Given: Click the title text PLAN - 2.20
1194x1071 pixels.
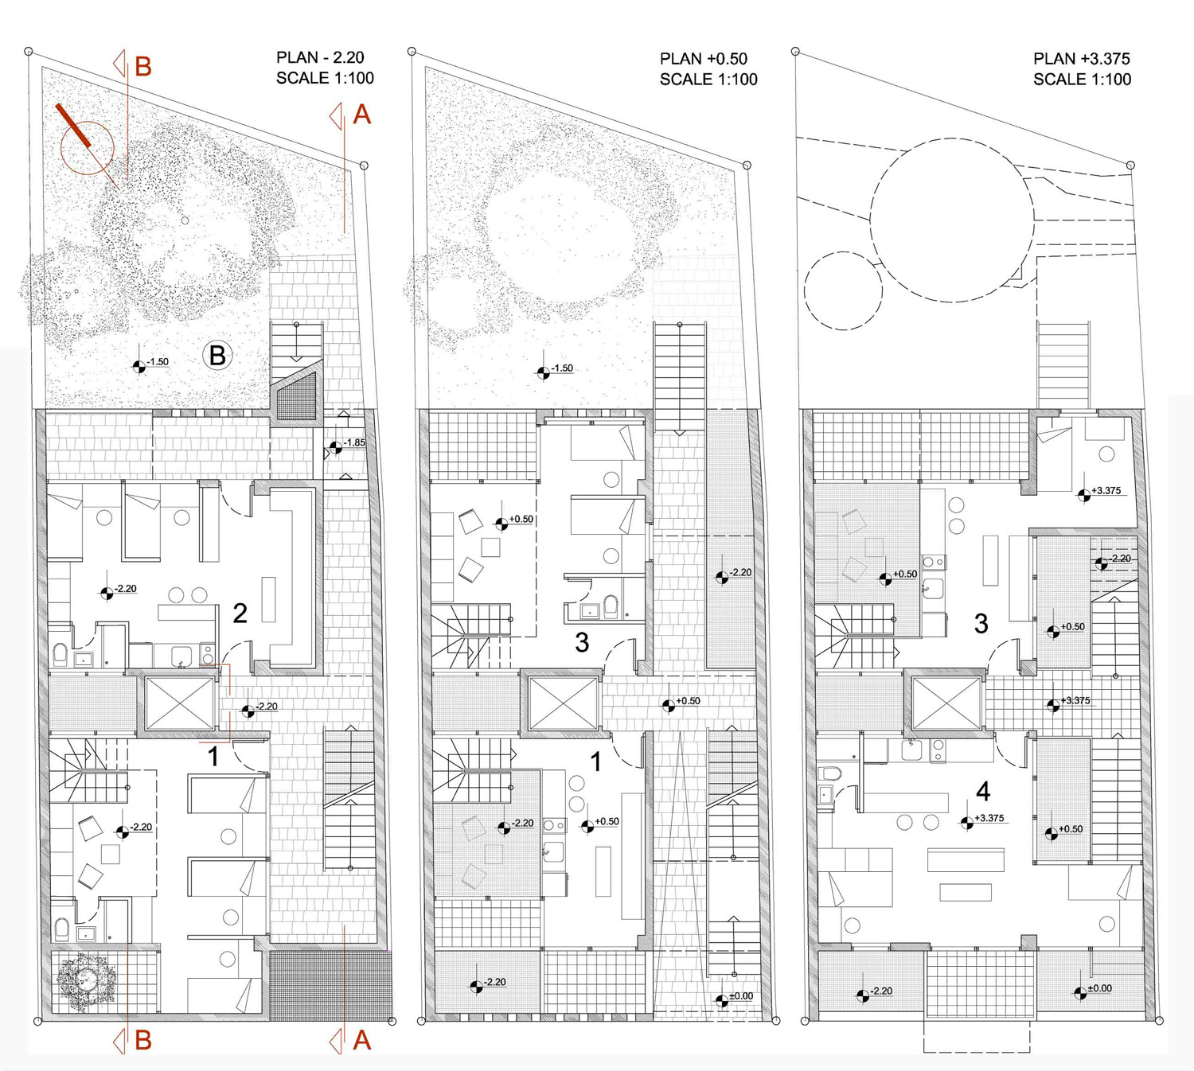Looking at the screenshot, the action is (x=320, y=57).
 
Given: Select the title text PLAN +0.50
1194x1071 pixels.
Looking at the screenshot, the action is (x=704, y=59).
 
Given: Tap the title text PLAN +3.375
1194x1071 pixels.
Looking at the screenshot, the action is (x=1081, y=59).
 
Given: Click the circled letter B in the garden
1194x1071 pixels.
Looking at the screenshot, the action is (x=217, y=355).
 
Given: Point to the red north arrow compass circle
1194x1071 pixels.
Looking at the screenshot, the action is (x=87, y=147).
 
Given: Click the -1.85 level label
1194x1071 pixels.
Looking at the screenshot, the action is (x=354, y=443).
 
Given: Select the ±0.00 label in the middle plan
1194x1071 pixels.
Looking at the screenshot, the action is (x=740, y=996).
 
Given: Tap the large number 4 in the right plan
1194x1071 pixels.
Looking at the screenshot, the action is (x=983, y=791).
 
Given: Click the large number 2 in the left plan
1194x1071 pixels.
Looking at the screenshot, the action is (x=240, y=613).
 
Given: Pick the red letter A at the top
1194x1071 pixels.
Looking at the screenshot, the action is (x=361, y=115).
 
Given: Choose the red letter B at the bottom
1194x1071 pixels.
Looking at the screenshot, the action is (x=142, y=1040).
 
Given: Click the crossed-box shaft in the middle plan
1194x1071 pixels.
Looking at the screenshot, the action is (x=564, y=703).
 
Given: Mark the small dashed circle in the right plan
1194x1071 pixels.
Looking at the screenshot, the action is (x=843, y=290).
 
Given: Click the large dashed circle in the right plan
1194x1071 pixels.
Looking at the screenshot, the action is (x=952, y=220).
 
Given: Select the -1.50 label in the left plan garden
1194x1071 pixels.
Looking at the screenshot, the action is (x=158, y=362).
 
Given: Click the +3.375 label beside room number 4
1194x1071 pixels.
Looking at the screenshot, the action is (x=989, y=818).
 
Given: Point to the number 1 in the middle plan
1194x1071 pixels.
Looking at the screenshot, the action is (x=596, y=761).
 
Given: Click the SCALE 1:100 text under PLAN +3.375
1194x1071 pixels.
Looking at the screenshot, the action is (x=1082, y=80).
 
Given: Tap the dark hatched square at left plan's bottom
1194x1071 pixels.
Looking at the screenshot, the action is (x=331, y=985).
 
